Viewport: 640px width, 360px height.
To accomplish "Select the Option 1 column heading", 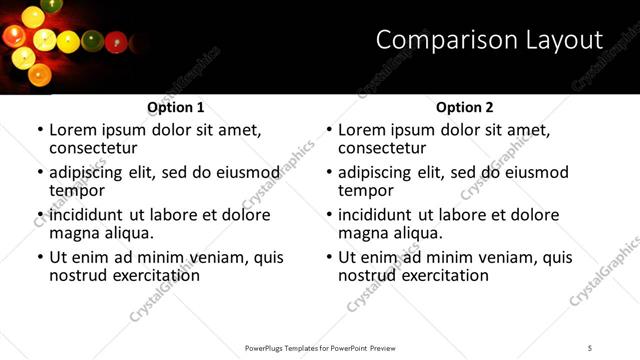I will tap(176, 107).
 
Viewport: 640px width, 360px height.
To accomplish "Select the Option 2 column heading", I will tap(465, 107).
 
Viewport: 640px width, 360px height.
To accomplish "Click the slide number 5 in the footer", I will tap(590, 348).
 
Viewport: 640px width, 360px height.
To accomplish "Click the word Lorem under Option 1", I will tap(73, 130).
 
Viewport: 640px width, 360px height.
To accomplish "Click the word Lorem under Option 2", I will tap(362, 130).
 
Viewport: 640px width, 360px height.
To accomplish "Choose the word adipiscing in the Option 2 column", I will tap(375, 172).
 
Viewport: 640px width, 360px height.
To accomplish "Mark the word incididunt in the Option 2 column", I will tap(378, 215).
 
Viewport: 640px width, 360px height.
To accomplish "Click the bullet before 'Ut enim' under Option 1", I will tap(40, 258).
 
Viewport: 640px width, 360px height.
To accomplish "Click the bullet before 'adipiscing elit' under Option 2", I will tap(329, 173).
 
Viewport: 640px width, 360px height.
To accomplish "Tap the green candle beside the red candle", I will tap(93, 41).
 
